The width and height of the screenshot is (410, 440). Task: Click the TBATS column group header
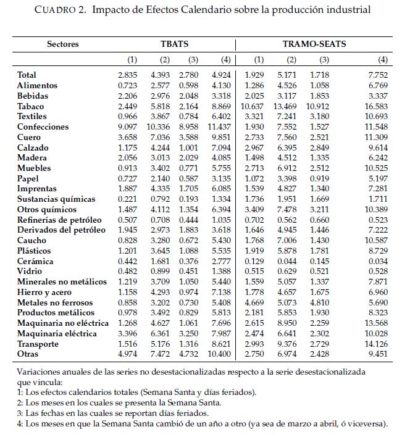click(174, 44)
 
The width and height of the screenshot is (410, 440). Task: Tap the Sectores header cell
click(63, 44)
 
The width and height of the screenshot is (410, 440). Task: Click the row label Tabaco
click(31, 106)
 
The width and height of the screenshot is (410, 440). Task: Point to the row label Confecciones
click(43, 127)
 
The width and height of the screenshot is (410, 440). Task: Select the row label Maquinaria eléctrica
click(57, 333)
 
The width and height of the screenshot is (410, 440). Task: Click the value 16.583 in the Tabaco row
click(376, 106)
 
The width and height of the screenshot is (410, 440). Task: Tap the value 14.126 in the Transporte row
click(376, 344)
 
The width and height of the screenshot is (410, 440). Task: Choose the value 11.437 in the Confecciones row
click(217, 127)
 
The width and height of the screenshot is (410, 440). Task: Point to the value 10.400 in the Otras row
click(217, 354)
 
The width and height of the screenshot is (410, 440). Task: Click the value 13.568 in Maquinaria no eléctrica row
click(376, 323)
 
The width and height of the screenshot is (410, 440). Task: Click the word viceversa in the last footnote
click(366, 424)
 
